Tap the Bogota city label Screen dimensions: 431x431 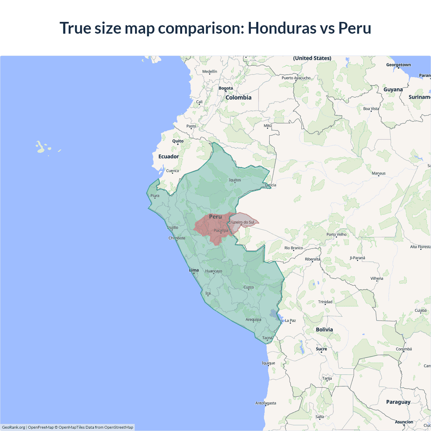coord(226,88)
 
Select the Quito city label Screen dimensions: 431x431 coord(178,141)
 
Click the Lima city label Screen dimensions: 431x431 coord(194,270)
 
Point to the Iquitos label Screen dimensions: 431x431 coord(235,180)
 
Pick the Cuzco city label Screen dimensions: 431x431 coord(248,287)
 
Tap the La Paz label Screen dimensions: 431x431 coord(290,321)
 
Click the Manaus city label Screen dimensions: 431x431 coord(378,173)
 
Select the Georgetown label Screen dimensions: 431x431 coord(398,65)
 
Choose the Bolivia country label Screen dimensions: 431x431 coord(324,330)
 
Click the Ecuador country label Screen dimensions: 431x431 coord(169,157)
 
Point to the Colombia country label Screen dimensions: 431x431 coord(238,98)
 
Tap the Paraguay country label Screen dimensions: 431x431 coord(398,402)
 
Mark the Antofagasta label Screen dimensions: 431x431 coord(266,403)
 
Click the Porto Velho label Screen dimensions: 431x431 coord(336,234)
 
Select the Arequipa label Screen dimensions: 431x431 coord(253,320)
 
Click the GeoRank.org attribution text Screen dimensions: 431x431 coord(13,427)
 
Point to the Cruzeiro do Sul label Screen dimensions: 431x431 coord(241,222)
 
